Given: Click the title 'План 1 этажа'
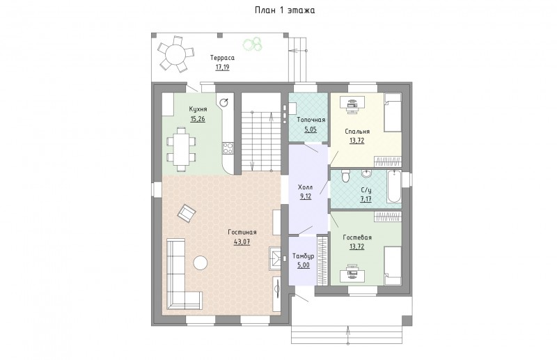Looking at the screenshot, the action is point(285,10).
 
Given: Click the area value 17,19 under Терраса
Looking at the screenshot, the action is point(222,67).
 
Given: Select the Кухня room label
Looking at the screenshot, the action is point(198,109).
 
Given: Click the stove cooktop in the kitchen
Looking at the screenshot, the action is point(228,148).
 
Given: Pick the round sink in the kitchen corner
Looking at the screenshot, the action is point(224,102).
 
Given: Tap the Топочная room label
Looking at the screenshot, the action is point(311,120).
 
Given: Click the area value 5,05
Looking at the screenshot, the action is point(311,130).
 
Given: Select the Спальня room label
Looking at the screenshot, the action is point(357,132).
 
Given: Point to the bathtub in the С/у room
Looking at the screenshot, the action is point(394,187).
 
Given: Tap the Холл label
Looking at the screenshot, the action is point(306,187).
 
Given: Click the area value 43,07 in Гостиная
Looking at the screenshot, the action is point(242,242).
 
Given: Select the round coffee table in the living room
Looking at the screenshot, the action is point(201,263).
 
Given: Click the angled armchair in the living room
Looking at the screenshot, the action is point(187,213).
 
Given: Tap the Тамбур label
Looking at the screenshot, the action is point(303,256).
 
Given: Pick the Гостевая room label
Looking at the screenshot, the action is point(357,237).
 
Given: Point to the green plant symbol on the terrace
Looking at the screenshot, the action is point(253,44).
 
